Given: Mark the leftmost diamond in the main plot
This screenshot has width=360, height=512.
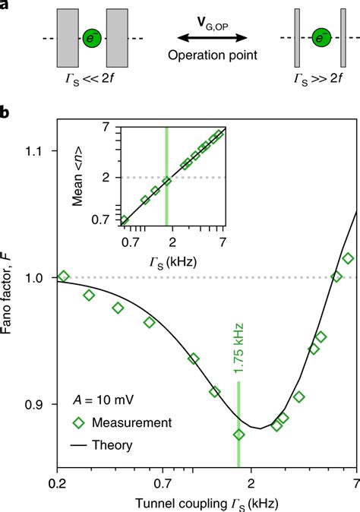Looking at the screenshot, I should [x=64, y=277].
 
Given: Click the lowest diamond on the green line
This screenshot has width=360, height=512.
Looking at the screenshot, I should [x=239, y=435].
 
